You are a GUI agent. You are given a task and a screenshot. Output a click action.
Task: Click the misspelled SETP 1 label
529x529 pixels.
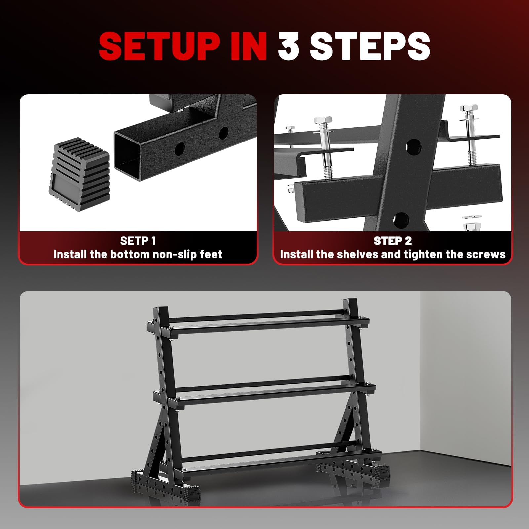pyautogui.click(x=138, y=241)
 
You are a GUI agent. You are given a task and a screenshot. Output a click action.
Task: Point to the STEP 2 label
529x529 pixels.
pyautogui.click(x=392, y=241)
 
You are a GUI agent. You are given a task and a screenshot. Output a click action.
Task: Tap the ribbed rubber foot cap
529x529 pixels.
pyautogui.click(x=79, y=174)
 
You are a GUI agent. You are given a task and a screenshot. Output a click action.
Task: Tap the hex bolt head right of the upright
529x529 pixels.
pyautogui.click(x=469, y=108)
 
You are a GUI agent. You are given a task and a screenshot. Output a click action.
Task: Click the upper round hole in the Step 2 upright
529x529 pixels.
pyautogui.click(x=413, y=146)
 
